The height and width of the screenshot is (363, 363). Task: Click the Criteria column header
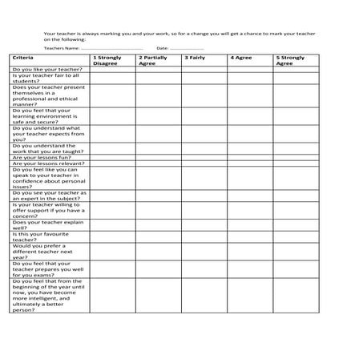23,58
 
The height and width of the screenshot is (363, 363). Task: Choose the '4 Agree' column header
240,58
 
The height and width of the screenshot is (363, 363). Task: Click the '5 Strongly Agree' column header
290,60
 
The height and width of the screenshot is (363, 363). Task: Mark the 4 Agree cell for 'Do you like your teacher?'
248,70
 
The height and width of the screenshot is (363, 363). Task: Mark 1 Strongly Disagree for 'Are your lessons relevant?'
111,164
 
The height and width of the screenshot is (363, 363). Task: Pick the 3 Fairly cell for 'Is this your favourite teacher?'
203,235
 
